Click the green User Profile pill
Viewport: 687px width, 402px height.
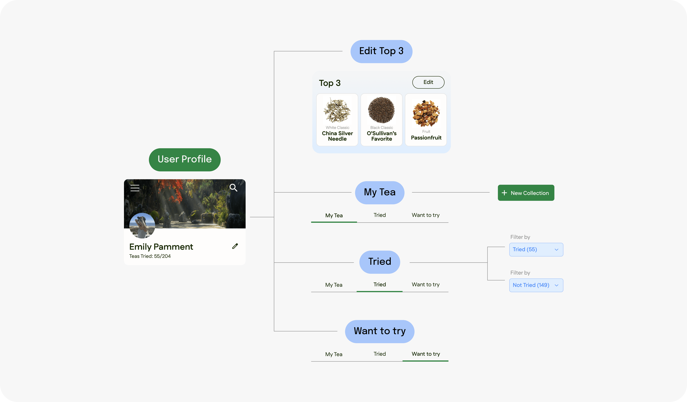pos(185,159)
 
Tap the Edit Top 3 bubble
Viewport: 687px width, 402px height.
pos(381,51)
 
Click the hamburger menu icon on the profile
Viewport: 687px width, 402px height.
pos(135,188)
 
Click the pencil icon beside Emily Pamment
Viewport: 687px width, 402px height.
pos(235,246)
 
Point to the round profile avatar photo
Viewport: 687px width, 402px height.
pos(142,225)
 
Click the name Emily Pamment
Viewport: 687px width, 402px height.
pos(161,247)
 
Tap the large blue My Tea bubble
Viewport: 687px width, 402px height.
pos(379,192)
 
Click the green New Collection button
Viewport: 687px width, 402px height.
pos(526,193)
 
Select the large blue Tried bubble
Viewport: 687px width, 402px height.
pos(379,262)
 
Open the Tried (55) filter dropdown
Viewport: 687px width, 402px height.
pos(536,249)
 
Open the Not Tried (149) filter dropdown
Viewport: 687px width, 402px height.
pos(536,285)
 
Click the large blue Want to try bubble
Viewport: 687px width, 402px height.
pos(379,331)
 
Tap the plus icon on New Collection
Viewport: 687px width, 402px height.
pos(504,193)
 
